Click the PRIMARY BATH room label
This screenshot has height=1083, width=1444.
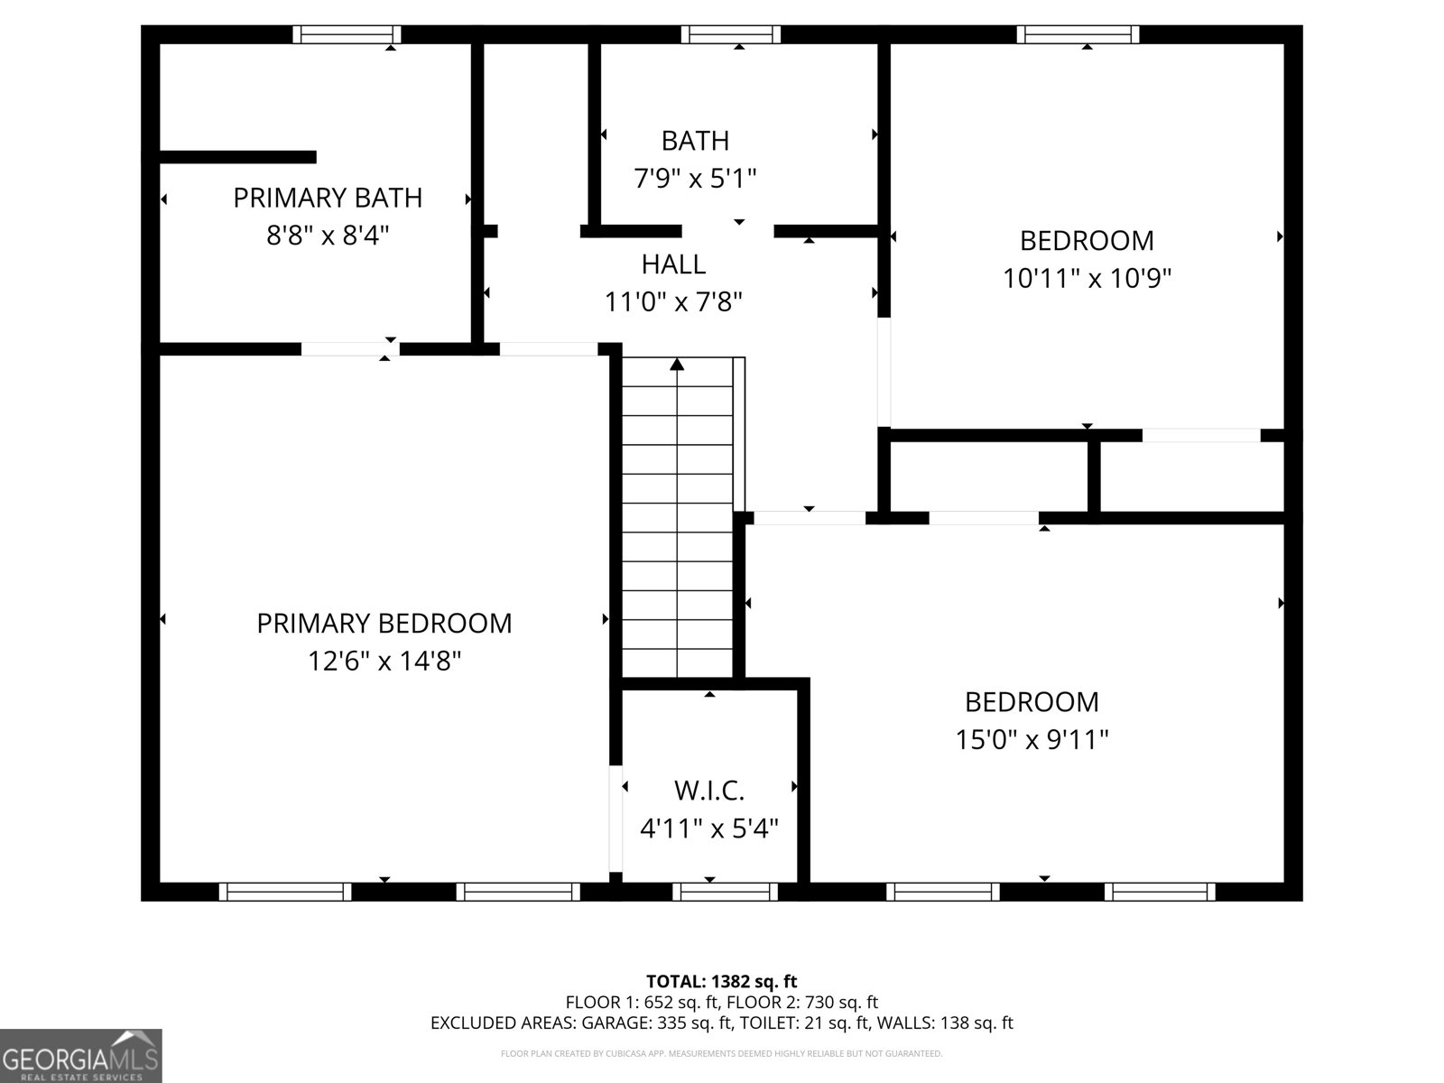[x=328, y=198]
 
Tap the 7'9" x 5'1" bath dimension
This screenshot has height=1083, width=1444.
[x=695, y=178]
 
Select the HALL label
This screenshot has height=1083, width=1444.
[x=673, y=264]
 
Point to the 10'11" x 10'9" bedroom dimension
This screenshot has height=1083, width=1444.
[x=1087, y=278]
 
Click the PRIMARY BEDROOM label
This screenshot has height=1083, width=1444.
[x=384, y=624]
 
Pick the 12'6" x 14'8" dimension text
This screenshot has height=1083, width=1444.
[x=384, y=661]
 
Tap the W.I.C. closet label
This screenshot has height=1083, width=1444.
[x=709, y=791]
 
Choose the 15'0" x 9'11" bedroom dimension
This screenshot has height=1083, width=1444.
[x=1032, y=740]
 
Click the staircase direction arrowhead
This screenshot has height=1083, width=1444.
[x=677, y=365]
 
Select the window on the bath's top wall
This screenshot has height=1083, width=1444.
[x=731, y=35]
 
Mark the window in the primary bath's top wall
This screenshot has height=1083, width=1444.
[x=347, y=35]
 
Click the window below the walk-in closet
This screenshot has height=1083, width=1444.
[x=725, y=892]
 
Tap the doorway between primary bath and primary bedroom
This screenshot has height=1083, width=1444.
[x=351, y=349]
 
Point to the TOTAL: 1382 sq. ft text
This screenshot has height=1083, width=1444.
[x=722, y=982]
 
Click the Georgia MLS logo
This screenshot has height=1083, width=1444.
[x=80, y=1056]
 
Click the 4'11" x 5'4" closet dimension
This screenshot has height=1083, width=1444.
[x=709, y=828]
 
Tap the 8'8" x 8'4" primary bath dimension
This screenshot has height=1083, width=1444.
[x=328, y=235]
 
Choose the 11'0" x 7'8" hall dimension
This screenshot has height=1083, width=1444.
[x=673, y=302]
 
